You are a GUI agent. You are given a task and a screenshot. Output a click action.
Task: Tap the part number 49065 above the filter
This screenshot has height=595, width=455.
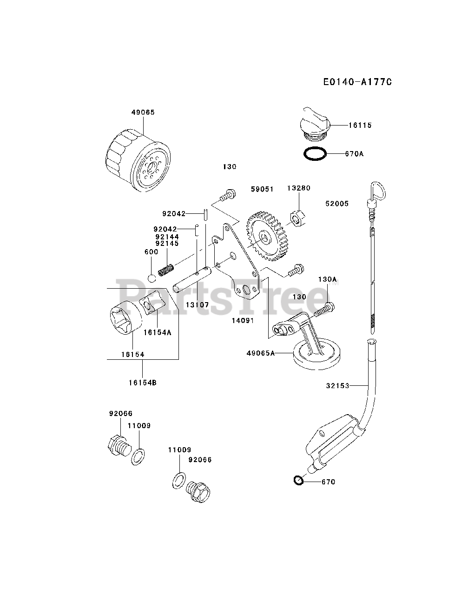(143, 112)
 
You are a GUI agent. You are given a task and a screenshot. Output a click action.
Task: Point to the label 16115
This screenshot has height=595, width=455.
(360, 125)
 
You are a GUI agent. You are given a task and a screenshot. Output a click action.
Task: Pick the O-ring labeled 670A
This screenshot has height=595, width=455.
(315, 153)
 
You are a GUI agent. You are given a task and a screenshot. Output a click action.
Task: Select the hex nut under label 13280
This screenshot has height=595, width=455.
(296, 218)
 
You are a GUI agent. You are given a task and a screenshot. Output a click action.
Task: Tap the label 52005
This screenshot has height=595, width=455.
(337, 204)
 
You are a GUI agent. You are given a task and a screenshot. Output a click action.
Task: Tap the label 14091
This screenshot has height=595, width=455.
(243, 320)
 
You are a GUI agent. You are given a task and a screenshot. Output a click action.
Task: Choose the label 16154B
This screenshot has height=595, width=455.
(143, 383)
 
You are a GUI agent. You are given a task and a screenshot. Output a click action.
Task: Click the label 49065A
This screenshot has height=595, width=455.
(261, 353)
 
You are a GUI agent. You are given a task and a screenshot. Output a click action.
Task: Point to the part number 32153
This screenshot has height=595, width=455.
(337, 385)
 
